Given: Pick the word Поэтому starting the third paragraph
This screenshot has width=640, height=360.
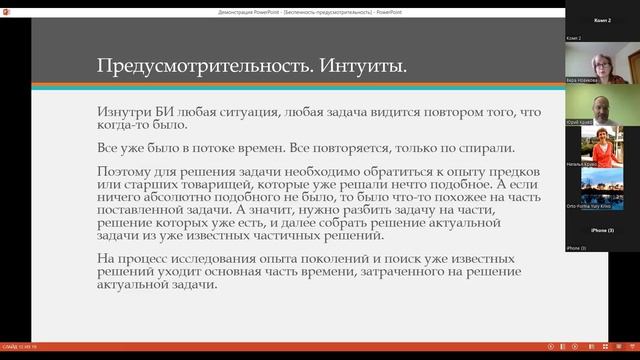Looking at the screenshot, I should pos(127,171).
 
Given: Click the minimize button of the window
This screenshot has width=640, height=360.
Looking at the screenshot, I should pos(548,9).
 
